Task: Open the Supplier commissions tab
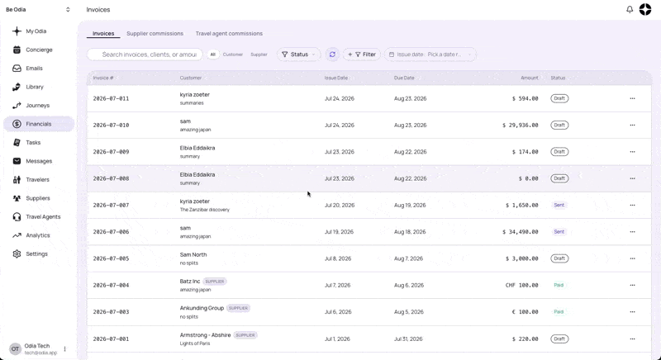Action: [x=155, y=33]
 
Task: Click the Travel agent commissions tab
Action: [x=229, y=33]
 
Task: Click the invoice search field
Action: [x=145, y=54]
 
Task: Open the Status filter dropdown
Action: [x=298, y=54]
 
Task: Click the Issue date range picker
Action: [x=430, y=54]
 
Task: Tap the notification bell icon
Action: [x=630, y=9]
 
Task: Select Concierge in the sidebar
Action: [x=39, y=50]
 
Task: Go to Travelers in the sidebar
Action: [x=37, y=179]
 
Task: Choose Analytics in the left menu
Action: [x=38, y=235]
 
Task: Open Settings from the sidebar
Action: [x=36, y=253]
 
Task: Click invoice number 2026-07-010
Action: [x=111, y=125]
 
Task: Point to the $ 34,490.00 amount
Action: [x=521, y=231]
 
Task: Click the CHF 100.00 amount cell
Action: [x=522, y=285]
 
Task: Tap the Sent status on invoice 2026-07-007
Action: [x=559, y=205]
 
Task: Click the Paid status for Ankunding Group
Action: [x=559, y=311]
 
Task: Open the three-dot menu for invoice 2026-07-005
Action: [x=632, y=258]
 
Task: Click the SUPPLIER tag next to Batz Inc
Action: [x=215, y=282]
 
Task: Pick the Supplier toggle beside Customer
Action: [x=259, y=54]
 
